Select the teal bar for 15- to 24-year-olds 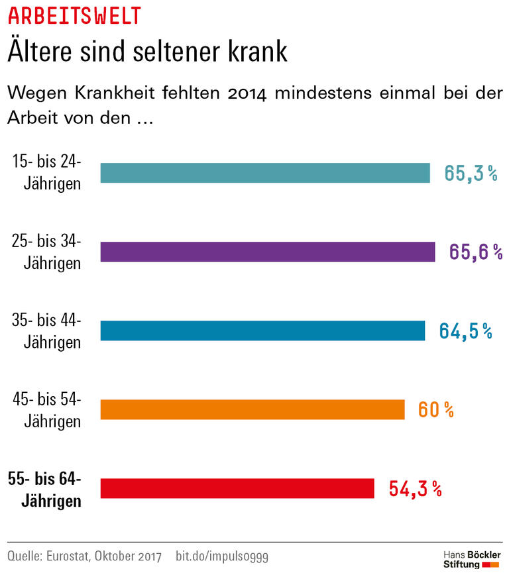[x=265, y=173]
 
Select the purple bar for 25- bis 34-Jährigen [x=267, y=252]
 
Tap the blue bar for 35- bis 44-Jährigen [x=262, y=331]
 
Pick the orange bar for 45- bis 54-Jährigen [x=252, y=409]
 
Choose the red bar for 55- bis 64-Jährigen [x=237, y=488]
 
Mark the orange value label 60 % [x=435, y=410]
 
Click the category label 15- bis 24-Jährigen [x=48, y=172]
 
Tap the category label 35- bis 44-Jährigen [x=48, y=331]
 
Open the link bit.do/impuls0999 [x=222, y=554]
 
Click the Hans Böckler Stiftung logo [x=471, y=558]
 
